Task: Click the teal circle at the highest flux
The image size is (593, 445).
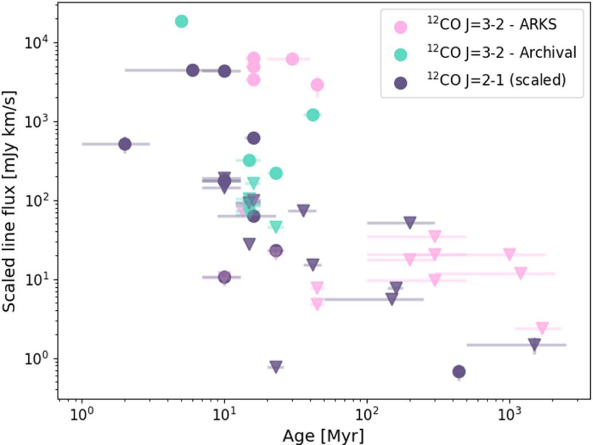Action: click(181, 21)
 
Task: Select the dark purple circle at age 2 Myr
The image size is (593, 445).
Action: click(125, 144)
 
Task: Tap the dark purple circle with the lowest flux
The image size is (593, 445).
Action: click(459, 371)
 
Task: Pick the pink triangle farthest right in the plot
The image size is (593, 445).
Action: click(542, 328)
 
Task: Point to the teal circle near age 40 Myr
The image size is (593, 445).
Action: click(312, 115)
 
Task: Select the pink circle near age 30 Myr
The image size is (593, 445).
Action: click(292, 59)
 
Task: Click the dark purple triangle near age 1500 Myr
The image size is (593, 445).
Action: click(534, 344)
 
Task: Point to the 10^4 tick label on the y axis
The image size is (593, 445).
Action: click(34, 43)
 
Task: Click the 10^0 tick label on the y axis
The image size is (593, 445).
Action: click(34, 359)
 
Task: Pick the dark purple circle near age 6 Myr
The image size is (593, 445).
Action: click(193, 70)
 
